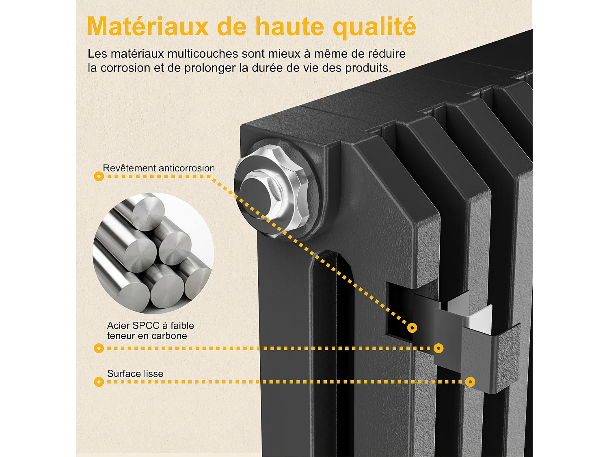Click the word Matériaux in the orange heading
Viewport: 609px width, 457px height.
click(x=148, y=27)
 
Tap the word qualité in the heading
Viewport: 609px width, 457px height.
click(x=374, y=28)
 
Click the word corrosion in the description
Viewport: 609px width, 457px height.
click(x=125, y=68)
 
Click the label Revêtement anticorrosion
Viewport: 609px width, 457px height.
click(x=159, y=168)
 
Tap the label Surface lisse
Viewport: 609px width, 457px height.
click(x=135, y=373)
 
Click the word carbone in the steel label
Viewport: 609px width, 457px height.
click(x=171, y=336)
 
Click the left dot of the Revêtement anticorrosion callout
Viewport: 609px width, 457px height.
click(x=99, y=176)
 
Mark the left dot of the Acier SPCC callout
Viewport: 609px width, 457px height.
click(x=99, y=348)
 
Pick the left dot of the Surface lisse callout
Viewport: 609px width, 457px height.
click(x=99, y=382)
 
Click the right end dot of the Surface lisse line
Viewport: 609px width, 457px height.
click(x=470, y=382)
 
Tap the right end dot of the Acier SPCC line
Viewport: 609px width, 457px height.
click(x=438, y=348)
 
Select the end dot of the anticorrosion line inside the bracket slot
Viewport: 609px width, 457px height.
click(x=412, y=328)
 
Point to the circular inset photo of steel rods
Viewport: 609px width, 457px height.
click(x=153, y=253)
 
